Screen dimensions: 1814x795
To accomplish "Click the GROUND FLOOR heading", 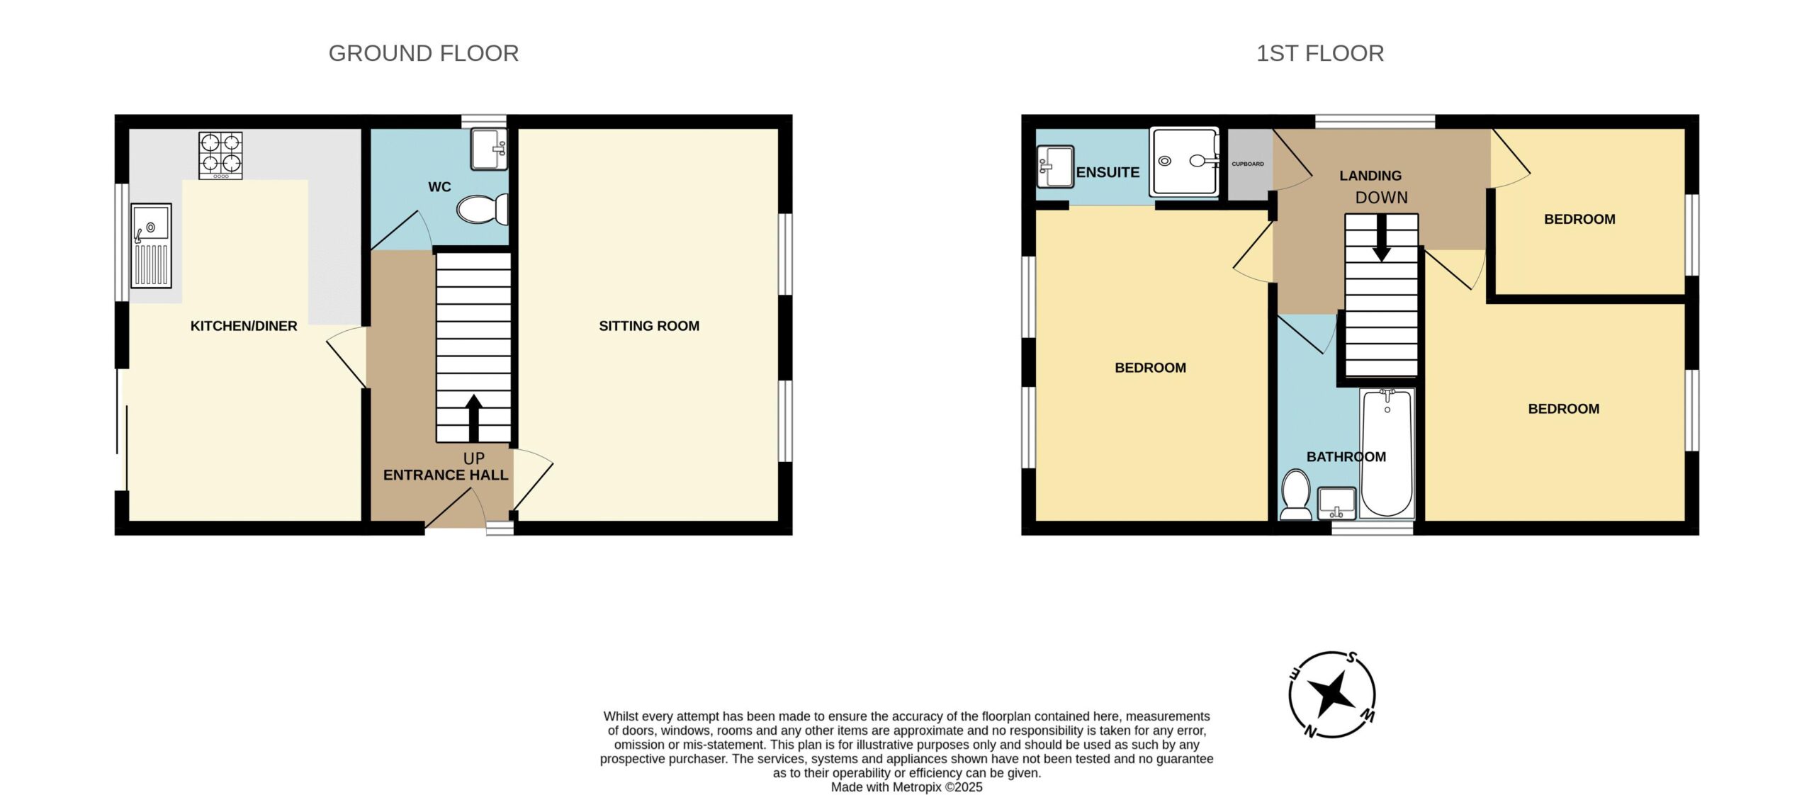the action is pos(424,53).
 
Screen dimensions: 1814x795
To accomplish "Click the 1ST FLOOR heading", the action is pos(1320,53).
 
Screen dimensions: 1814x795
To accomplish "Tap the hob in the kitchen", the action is pos(220,155).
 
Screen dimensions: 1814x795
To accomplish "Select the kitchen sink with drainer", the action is pos(151,245).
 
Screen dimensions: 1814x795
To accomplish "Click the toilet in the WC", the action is pos(483,209).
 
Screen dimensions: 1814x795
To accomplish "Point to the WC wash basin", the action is pos(489,149).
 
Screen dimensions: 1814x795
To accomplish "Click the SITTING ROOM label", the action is pos(649,326).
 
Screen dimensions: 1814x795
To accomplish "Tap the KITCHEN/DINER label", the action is pos(244,326).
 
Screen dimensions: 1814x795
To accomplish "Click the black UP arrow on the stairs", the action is pos(473,418).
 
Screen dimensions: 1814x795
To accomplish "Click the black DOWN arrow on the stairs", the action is pos(1381,238).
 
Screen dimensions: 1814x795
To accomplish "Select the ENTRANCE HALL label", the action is pos(446,475).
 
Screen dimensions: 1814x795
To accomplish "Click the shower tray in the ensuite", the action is pos(1184,162).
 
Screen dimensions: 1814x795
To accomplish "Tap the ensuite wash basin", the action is pos(1055,167).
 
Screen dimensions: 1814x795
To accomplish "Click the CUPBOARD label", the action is pos(1248,164).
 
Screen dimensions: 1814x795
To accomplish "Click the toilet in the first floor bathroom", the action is pos(1296,494).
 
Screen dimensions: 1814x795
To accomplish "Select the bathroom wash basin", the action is pos(1336,503).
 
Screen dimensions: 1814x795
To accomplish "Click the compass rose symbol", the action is pos(1332,694).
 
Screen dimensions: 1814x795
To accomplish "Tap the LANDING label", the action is pos(1370,176).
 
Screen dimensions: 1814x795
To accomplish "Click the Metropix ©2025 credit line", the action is pos(907,786).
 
